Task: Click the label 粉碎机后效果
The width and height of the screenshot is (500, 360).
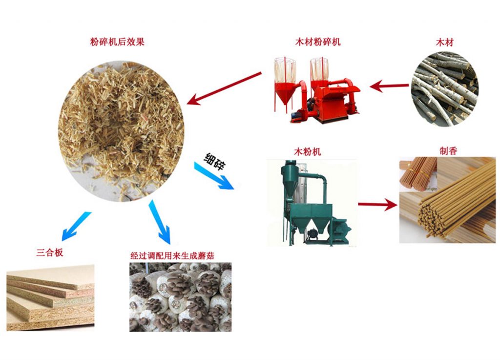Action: (x=117, y=42)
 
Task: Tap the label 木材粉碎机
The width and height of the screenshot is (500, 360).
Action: (x=317, y=42)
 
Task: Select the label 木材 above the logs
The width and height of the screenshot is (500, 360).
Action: (x=444, y=42)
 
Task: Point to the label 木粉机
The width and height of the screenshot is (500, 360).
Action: (x=308, y=151)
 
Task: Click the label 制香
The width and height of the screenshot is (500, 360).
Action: (x=448, y=150)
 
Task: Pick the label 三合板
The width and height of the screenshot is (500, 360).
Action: (x=50, y=253)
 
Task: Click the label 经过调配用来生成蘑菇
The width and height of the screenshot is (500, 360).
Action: (x=172, y=255)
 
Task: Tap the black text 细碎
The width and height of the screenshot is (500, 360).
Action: (x=215, y=161)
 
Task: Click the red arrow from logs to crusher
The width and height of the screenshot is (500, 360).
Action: (x=389, y=86)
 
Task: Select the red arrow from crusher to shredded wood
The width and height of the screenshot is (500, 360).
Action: (x=224, y=88)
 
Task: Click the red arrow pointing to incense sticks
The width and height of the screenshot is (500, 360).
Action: (x=377, y=204)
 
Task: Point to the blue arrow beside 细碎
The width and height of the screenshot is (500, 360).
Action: (x=214, y=176)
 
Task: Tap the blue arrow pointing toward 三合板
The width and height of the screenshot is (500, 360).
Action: (x=76, y=226)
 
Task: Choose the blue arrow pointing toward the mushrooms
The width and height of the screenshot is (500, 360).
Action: (x=160, y=222)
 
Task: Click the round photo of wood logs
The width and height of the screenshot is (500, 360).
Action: (x=444, y=89)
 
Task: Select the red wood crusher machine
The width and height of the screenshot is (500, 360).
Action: (x=317, y=90)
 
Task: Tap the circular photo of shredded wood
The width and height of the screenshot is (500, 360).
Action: (x=121, y=131)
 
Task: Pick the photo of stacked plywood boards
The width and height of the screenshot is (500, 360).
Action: (x=50, y=297)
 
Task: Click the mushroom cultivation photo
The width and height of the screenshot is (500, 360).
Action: (x=181, y=297)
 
